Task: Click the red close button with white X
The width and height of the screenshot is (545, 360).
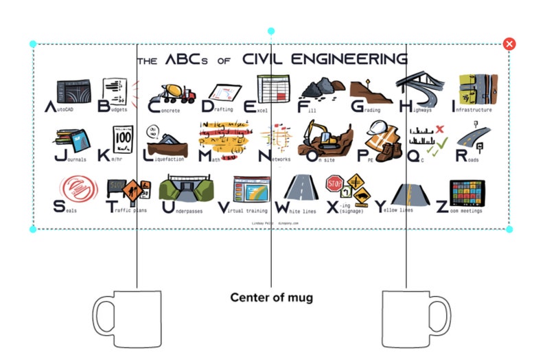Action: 509,44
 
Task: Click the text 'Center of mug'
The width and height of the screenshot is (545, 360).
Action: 271,297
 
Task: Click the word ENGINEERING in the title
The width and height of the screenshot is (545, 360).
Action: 351,59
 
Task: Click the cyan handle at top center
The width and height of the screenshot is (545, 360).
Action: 271,32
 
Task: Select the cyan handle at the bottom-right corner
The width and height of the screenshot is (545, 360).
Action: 509,229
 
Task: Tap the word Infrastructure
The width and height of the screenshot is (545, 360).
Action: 474,109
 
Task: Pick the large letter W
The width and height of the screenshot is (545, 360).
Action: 282,206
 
